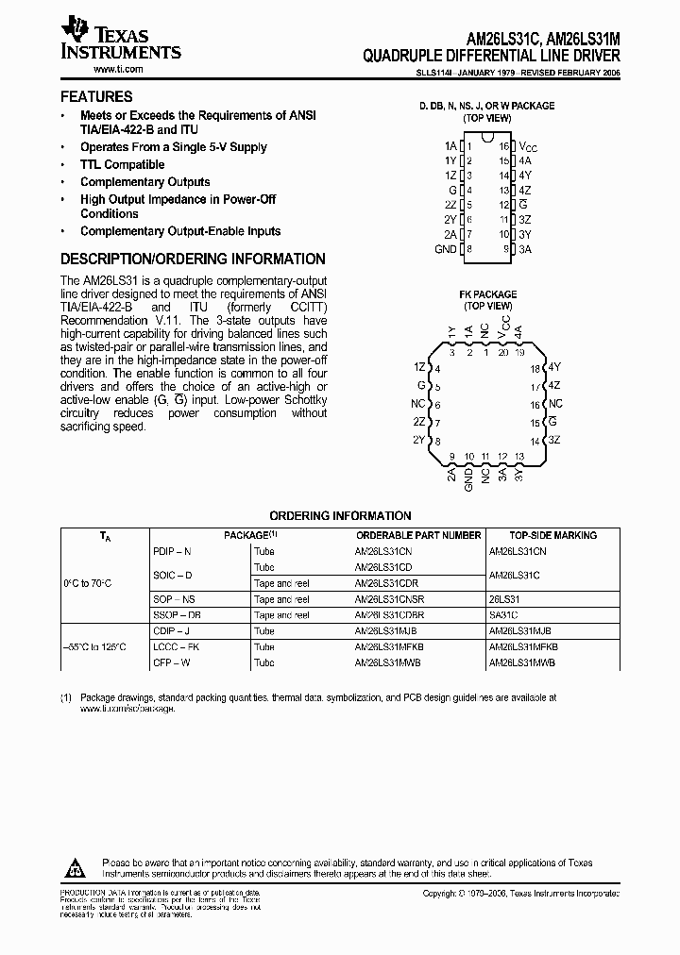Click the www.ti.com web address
[118, 70]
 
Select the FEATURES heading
[96, 96]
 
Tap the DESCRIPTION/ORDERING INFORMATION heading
[193, 259]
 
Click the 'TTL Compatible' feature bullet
[122, 164]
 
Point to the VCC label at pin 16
[528, 146]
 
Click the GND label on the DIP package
[445, 249]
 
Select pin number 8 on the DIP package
[468, 249]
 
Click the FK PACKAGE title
[486, 294]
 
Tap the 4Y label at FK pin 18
[554, 367]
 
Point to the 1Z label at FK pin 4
[420, 367]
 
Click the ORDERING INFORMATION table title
[340, 516]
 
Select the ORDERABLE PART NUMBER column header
[417, 535]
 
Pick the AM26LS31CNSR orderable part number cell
[389, 599]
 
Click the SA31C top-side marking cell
[503, 615]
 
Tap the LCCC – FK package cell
[171, 647]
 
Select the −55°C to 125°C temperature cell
[93, 647]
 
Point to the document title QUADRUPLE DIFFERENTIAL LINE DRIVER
[491, 56]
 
